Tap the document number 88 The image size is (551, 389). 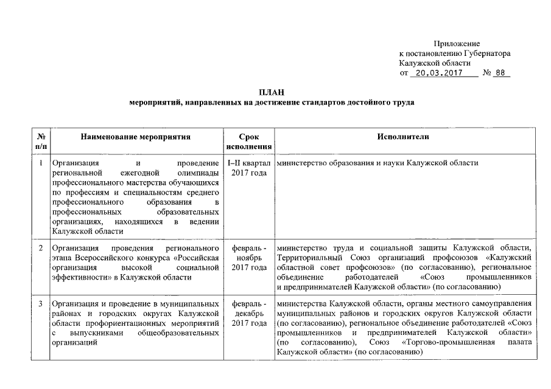click(x=502, y=74)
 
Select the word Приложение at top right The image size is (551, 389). click(x=457, y=44)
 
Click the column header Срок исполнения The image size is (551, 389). click(x=249, y=142)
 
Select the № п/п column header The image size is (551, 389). click(x=41, y=142)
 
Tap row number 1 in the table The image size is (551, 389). click(x=41, y=164)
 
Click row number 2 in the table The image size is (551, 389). click(x=41, y=249)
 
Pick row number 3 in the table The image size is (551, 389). click(x=41, y=303)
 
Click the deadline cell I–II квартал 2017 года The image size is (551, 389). click(x=249, y=168)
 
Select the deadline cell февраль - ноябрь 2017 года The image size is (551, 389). click(x=249, y=258)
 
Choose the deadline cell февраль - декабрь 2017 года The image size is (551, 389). click(x=249, y=313)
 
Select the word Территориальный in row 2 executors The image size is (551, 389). click(x=307, y=258)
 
